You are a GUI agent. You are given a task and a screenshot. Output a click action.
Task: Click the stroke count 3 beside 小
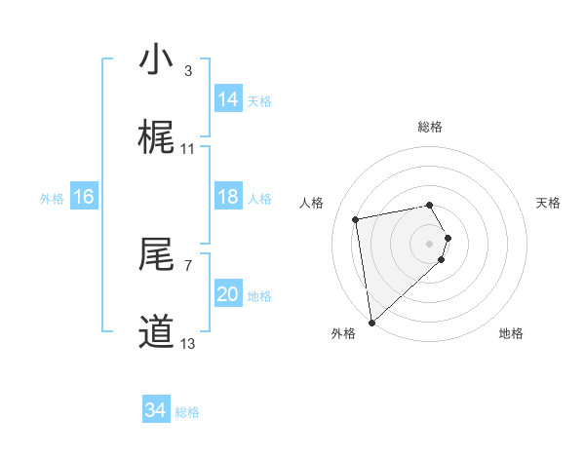187,70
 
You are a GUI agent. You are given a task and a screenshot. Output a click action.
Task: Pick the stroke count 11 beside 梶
188,148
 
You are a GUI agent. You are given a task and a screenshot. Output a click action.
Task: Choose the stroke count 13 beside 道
188,343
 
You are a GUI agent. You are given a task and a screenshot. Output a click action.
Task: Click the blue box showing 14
228,99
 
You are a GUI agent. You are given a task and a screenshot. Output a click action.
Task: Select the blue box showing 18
228,197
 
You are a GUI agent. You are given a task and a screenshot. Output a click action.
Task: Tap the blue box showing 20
228,294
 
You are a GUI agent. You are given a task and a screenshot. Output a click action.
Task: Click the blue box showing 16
84,197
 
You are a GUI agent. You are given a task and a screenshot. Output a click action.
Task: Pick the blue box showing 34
156,410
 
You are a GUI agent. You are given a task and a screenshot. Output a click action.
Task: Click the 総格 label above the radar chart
430,127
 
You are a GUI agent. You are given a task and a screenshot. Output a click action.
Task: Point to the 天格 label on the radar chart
549,203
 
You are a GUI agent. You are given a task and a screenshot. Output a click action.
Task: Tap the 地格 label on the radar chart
511,333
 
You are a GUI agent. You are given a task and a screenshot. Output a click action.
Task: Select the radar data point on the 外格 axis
371,322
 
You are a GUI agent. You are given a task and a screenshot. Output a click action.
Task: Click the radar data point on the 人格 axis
356,218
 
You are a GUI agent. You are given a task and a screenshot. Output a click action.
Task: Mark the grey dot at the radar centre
430,243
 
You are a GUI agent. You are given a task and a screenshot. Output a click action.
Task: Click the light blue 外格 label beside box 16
52,198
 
